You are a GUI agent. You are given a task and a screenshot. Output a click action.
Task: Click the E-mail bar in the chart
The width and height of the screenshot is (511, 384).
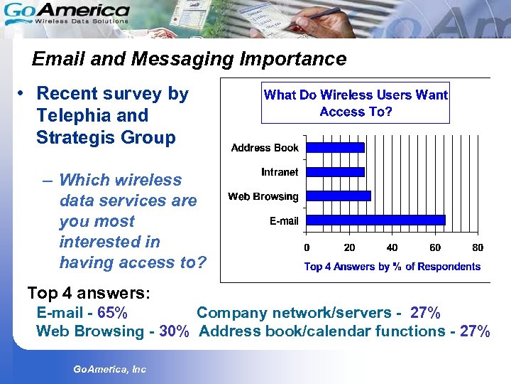pos(376,220)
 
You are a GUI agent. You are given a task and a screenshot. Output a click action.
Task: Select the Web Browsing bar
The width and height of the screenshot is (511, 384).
pos(339,196)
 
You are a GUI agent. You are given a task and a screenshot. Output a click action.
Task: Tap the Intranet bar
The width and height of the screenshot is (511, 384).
pos(335,171)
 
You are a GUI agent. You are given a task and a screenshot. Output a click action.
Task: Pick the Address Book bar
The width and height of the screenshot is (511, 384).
pos(335,147)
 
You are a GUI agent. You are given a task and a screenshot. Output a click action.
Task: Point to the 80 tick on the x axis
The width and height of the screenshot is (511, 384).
pos(478,247)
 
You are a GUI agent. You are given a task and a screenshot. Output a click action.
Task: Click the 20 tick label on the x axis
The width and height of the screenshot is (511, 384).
pos(349,247)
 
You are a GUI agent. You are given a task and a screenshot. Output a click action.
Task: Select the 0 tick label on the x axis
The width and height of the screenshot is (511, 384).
pos(307,247)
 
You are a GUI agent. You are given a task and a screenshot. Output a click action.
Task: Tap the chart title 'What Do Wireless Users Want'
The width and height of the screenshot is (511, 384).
pos(356,95)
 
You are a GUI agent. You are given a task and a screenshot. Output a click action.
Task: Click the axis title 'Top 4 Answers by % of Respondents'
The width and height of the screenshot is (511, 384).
pos(392,267)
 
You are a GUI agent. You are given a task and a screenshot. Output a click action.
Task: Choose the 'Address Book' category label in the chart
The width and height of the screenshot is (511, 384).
pos(265,148)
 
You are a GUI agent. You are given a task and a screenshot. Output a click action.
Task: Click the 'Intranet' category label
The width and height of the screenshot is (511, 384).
pos(280,172)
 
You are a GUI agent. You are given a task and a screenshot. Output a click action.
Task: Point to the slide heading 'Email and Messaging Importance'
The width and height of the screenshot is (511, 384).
pos(189,58)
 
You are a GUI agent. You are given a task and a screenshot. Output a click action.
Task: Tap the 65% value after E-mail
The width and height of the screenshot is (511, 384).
pos(112,313)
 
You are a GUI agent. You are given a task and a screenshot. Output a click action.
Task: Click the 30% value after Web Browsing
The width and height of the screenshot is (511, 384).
pos(174,331)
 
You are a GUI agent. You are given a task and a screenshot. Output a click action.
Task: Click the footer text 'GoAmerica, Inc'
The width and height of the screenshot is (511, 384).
pos(109,369)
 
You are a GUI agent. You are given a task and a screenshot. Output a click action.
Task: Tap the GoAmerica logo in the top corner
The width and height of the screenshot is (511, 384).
pos(67,14)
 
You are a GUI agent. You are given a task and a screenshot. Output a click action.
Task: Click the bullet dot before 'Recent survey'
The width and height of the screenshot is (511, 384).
pos(23,94)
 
